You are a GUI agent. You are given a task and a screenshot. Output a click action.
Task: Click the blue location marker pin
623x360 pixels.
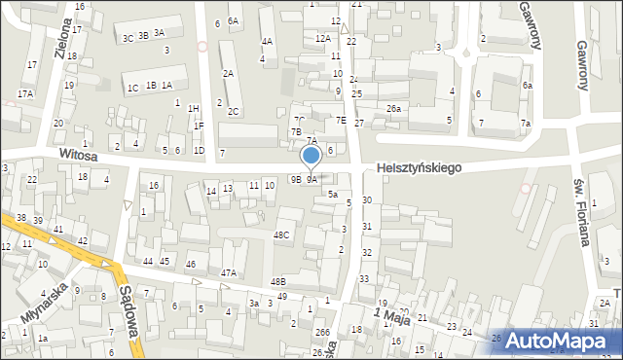pos(311,156)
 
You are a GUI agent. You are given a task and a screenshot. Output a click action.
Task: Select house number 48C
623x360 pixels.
pos(281,235)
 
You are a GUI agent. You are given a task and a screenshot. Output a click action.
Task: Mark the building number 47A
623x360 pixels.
pos(229,273)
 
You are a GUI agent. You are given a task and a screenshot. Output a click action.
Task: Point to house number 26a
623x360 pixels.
pos(393,108)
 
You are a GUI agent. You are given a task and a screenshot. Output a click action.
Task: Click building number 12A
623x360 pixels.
pos(323,38)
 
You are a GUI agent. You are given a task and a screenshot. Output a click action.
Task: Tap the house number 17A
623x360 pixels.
pos(25,93)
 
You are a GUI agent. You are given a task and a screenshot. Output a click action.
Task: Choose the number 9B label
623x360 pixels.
pos(295,179)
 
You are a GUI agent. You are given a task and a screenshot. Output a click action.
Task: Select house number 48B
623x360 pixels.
pos(278,281)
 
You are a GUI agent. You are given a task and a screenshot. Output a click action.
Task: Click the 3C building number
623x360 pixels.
pos(128,38)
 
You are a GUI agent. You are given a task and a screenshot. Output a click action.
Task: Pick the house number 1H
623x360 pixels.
pos(193,108)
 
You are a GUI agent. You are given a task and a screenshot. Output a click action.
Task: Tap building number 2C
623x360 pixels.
pos(234,111)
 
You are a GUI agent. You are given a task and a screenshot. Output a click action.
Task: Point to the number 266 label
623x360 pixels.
pos(322,333)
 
